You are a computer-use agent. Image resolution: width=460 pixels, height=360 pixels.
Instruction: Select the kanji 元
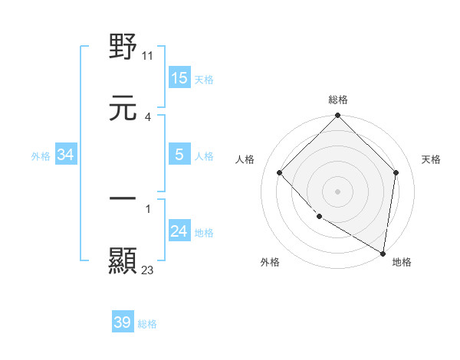click(x=123, y=108)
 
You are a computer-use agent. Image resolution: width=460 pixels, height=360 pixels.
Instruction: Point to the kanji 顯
click(x=123, y=261)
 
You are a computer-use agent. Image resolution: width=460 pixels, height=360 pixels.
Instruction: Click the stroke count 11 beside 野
click(x=148, y=55)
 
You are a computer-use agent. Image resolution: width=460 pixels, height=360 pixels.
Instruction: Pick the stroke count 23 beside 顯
click(x=148, y=270)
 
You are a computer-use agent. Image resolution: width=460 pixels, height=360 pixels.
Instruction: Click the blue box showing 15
click(x=179, y=78)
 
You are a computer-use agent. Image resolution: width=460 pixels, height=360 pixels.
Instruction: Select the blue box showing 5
click(x=179, y=155)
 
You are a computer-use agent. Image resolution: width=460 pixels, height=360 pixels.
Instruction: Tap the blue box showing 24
click(x=179, y=231)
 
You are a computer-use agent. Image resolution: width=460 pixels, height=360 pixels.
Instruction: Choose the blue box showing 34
click(x=66, y=155)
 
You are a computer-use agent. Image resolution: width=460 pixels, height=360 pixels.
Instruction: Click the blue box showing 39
click(x=123, y=322)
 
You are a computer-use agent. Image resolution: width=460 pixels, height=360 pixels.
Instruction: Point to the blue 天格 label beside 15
click(x=204, y=79)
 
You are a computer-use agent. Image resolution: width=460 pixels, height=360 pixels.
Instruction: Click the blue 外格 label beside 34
click(x=41, y=155)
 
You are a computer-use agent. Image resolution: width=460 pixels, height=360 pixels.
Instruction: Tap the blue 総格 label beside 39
click(x=147, y=323)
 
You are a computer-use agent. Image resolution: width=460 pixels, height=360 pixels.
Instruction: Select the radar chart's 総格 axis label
click(x=338, y=100)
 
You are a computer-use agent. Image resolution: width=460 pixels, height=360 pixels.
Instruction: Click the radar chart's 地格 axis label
click(x=402, y=262)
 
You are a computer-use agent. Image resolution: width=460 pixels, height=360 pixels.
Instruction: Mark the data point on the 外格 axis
click(x=319, y=217)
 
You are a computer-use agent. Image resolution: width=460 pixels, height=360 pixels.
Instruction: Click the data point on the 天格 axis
click(x=396, y=172)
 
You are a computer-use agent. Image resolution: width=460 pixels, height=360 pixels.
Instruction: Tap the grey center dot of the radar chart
click(x=338, y=191)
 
